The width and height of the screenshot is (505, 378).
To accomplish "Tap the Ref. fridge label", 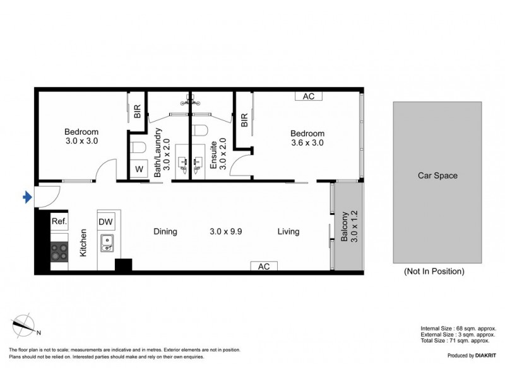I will point(59,221).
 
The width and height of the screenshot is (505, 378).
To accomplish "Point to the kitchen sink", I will point(107,243).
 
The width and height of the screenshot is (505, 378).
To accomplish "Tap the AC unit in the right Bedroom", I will point(309,96).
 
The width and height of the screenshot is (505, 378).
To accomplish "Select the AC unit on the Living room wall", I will point(264,266).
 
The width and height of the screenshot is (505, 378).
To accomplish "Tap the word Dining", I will point(165,231).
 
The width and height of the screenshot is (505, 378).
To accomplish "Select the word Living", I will point(288,231).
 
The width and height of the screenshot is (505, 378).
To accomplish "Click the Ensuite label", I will point(213,154).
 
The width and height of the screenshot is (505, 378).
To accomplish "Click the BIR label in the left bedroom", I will point(137,112).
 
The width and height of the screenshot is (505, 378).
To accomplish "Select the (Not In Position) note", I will point(434,272).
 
